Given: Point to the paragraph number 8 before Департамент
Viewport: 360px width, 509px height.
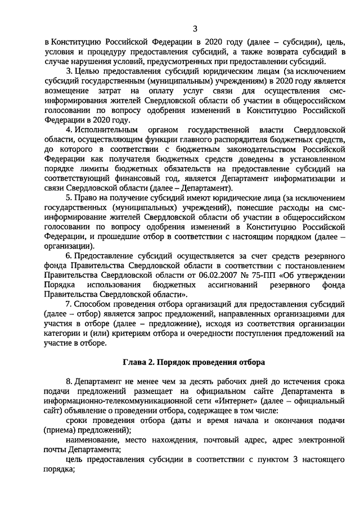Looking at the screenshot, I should [68, 380].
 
